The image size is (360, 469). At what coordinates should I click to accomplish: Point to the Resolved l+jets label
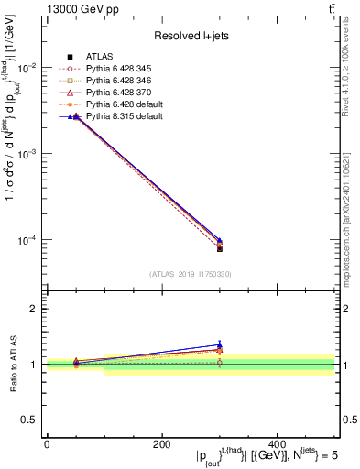[x=190, y=37]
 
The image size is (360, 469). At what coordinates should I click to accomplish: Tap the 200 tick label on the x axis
[x=161, y=443]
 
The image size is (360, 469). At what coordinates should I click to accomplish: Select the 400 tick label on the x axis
[x=277, y=443]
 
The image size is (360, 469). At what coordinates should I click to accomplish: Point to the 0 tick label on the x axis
[x=47, y=443]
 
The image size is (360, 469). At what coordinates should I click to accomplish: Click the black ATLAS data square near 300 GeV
[x=220, y=248]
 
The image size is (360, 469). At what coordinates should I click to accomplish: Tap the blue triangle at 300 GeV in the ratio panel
[x=220, y=345]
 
